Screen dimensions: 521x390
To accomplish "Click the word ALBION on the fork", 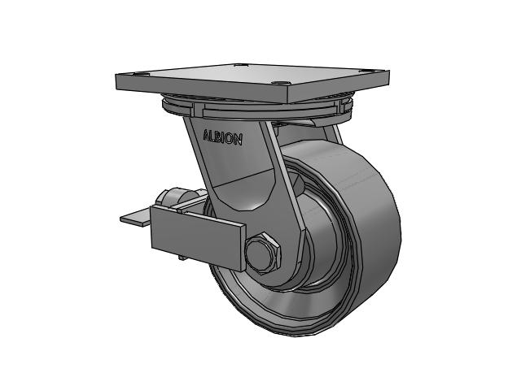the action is click(x=222, y=136).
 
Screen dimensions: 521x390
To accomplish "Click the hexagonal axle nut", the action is click(x=263, y=253).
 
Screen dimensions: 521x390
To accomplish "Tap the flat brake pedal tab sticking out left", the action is click(x=136, y=217).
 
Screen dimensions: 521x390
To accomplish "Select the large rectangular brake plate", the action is click(x=199, y=238).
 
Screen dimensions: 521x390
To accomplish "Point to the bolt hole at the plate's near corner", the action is click(x=280, y=83).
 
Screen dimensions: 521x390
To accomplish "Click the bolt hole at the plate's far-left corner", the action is click(x=139, y=73).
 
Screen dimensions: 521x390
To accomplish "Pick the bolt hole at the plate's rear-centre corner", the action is click(x=242, y=65).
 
